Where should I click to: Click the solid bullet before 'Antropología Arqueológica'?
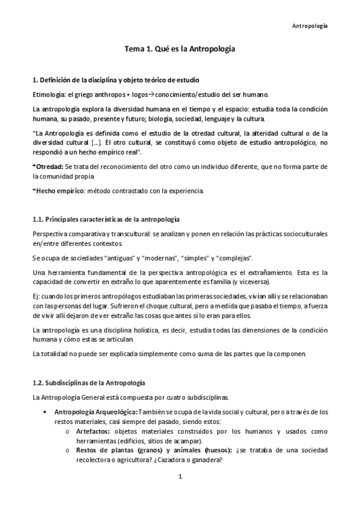pos(47,412)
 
